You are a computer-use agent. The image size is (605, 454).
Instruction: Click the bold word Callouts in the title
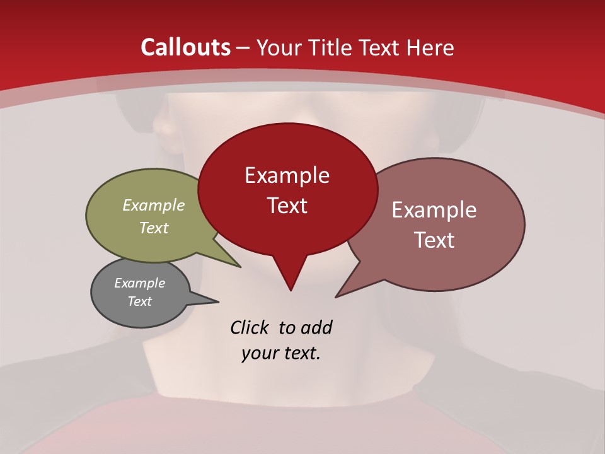coord(186,47)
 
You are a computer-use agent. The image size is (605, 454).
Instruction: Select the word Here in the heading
coord(430,47)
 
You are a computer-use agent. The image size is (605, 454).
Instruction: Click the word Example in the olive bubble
coord(154,205)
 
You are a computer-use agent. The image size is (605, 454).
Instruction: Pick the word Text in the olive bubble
coord(154,228)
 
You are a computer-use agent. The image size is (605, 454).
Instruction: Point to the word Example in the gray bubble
coord(140,283)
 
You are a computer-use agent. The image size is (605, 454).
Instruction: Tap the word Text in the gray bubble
coord(140,301)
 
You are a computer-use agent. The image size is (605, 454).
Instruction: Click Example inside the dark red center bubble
coord(287,175)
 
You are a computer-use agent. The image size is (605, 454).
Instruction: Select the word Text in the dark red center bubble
coord(287,206)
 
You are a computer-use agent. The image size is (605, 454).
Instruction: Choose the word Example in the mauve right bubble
coord(434,210)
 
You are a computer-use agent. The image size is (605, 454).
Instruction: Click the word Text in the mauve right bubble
coord(434,240)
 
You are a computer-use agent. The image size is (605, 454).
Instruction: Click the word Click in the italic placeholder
coord(251,328)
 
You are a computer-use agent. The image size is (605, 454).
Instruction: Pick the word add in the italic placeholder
coord(316,328)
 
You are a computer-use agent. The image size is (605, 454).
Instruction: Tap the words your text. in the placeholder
coord(281,353)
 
